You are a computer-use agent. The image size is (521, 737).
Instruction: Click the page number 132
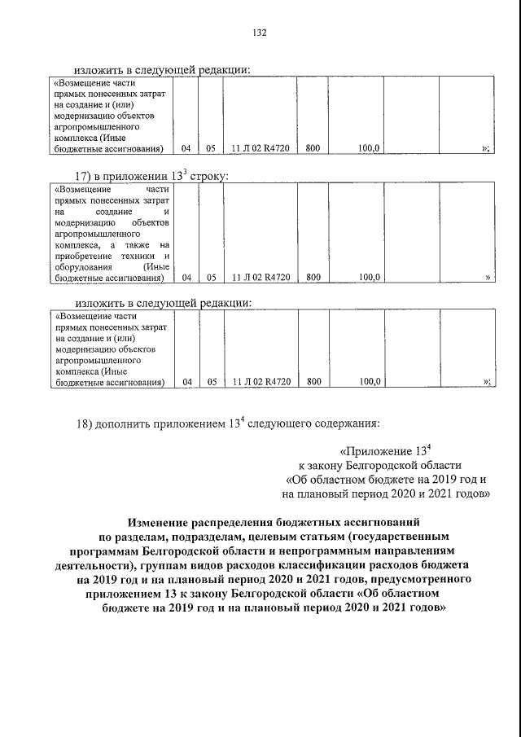point(260,33)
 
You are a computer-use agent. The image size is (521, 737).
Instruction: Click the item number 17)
point(85,176)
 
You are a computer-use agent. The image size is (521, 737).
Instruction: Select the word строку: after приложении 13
point(208,176)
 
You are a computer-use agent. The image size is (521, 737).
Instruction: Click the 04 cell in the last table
point(186,381)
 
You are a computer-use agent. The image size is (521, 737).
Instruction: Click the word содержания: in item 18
point(346,423)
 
